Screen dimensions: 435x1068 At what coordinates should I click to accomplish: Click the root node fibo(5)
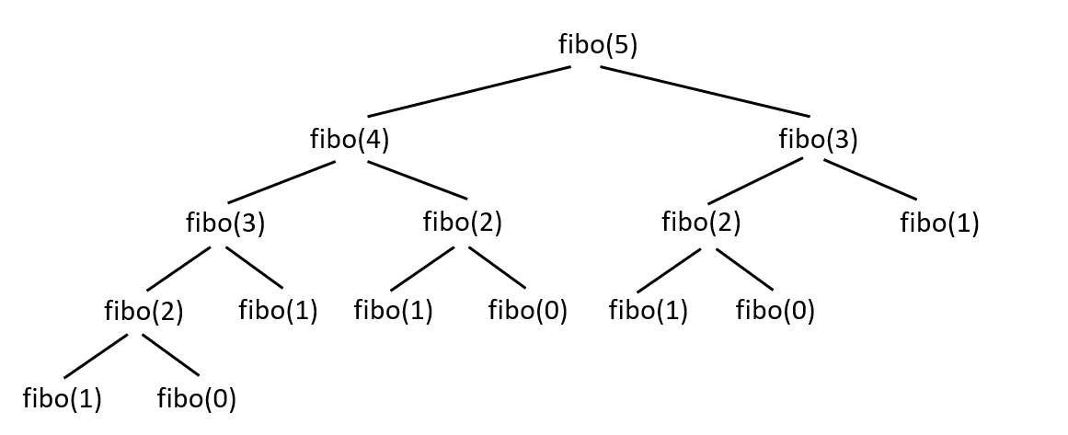[598, 45]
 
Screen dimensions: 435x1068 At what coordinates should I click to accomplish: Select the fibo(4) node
[350, 140]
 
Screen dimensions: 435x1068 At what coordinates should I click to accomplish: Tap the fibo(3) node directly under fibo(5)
[818, 140]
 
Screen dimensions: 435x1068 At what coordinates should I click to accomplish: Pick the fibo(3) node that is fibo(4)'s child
[225, 223]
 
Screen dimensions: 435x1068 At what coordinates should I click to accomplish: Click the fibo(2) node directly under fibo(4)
[462, 223]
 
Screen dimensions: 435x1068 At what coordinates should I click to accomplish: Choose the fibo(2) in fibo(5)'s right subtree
[701, 223]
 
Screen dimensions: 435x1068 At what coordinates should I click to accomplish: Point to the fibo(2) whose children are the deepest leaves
[144, 312]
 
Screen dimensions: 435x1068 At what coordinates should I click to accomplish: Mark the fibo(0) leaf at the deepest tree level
[197, 399]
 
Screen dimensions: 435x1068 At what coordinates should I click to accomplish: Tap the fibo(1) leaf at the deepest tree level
[62, 399]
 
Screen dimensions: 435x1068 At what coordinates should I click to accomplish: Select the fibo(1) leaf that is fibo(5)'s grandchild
[939, 223]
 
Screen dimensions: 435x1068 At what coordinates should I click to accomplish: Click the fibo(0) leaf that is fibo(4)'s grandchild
[527, 311]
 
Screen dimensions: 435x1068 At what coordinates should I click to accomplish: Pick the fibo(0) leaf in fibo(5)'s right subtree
[775, 311]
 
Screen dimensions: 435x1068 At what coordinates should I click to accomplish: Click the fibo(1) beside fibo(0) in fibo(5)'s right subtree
[649, 311]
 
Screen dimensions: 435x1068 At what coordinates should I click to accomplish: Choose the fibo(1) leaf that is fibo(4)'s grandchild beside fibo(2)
[278, 311]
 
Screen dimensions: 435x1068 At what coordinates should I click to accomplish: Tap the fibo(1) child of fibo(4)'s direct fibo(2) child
[393, 311]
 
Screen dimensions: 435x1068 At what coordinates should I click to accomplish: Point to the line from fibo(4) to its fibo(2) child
[418, 180]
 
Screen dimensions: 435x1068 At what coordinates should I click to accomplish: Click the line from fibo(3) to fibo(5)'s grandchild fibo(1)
[870, 179]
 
